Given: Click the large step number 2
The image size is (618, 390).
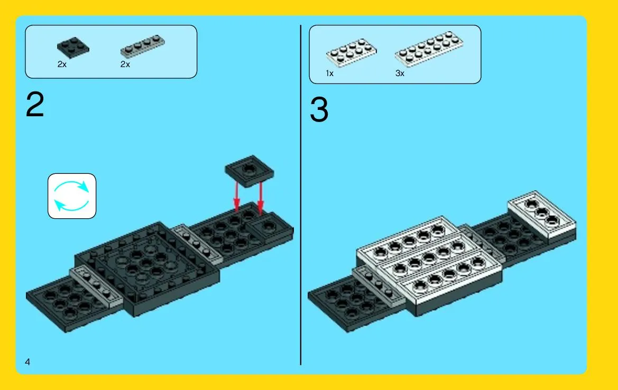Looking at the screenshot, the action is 35,105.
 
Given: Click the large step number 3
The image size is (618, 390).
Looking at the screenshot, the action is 319,110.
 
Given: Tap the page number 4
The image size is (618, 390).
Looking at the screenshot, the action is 27,361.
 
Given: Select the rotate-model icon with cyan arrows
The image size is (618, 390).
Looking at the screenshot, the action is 72,196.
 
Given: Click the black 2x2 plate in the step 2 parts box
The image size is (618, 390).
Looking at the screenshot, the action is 73,48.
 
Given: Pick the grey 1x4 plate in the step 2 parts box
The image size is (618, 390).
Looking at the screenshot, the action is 143,47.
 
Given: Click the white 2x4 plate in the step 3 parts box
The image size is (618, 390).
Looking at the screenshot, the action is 351,52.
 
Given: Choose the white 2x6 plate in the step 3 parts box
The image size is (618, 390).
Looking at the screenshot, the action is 429,49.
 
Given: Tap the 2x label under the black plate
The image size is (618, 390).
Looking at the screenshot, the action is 62,64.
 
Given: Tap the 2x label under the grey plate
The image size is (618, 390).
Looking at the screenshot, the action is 125,64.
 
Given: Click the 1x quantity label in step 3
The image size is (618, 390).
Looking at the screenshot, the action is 329,73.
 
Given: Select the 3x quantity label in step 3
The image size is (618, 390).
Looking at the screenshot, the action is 400,73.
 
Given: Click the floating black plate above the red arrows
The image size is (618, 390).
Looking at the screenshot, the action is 249,171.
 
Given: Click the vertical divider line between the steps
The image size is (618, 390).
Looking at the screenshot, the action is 301,195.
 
